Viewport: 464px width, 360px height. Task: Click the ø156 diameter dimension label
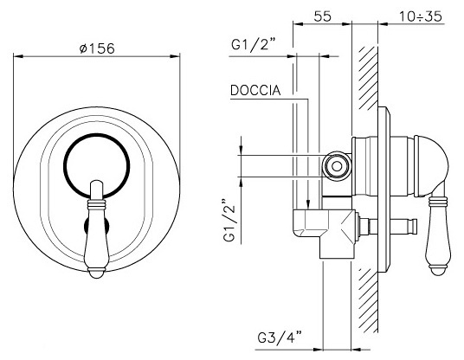(97, 48)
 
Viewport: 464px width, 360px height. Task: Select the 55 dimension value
(322, 16)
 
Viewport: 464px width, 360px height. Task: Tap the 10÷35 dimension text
(421, 16)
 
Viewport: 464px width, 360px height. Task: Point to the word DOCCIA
(255, 91)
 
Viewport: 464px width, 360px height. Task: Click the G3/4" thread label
(280, 337)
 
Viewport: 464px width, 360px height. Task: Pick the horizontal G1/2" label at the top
(254, 45)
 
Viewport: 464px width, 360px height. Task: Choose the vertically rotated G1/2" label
(230, 220)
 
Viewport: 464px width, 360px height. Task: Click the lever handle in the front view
(97, 229)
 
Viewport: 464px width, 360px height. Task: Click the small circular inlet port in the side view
(337, 166)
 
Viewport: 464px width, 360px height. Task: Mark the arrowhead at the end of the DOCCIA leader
(308, 205)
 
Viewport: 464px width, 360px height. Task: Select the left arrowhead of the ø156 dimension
(18, 56)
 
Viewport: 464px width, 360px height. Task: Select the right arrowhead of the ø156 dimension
(175, 56)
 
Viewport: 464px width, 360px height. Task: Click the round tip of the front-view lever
(97, 273)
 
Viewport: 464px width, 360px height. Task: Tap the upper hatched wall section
(369, 78)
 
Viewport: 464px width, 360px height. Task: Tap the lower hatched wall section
(369, 300)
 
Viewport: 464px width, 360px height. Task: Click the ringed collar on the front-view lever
(97, 203)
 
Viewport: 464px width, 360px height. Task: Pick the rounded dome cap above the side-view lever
(431, 166)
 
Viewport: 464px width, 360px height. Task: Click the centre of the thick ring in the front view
(97, 166)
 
